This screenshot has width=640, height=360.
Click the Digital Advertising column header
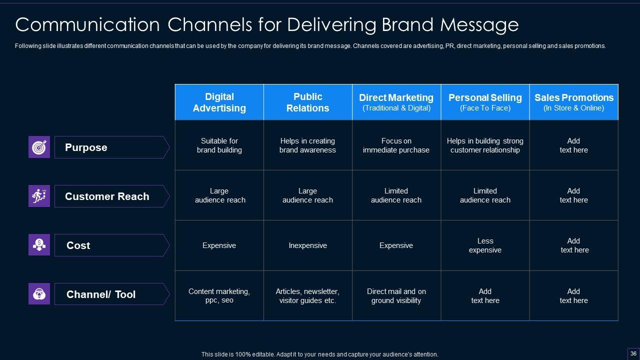[x=219, y=102]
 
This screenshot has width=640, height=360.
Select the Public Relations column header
[x=308, y=102]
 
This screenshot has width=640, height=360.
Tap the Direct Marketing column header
[x=396, y=102]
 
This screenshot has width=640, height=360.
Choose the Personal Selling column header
[x=485, y=102]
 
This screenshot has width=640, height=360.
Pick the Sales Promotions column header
[x=574, y=102]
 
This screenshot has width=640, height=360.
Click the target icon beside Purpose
[x=39, y=147]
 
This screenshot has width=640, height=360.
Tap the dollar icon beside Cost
[x=39, y=245]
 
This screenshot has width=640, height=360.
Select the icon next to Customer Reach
[x=39, y=196]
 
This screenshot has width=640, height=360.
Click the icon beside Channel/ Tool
[x=39, y=294]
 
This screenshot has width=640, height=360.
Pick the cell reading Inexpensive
[x=308, y=245]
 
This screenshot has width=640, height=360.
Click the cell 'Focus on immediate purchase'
[x=396, y=145]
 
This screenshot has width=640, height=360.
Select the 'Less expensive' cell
[x=485, y=245]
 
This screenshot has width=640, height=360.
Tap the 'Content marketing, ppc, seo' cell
[x=219, y=296]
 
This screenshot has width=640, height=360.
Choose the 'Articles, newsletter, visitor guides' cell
[x=308, y=296]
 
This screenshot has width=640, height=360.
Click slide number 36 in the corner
[x=633, y=353]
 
